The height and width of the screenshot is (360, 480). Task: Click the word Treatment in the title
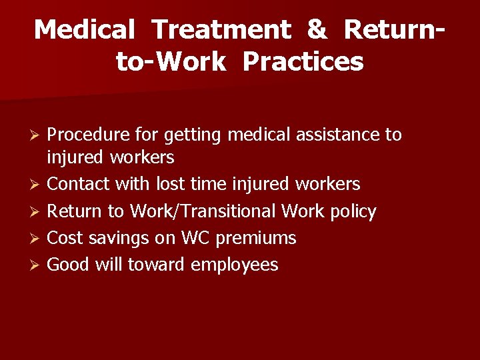pos(221,30)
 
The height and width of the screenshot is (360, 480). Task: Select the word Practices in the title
pos(303,62)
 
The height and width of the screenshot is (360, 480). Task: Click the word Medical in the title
pos(85,30)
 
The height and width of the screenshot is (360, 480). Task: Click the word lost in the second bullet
pos(169,184)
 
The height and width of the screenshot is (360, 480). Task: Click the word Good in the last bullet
pos(69,265)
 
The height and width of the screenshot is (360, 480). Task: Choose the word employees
pos(234,265)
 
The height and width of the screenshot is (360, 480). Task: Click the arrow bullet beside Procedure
pos(39,135)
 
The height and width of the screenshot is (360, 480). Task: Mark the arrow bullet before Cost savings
pos(39,239)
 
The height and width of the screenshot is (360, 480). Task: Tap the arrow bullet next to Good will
pos(39,265)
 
